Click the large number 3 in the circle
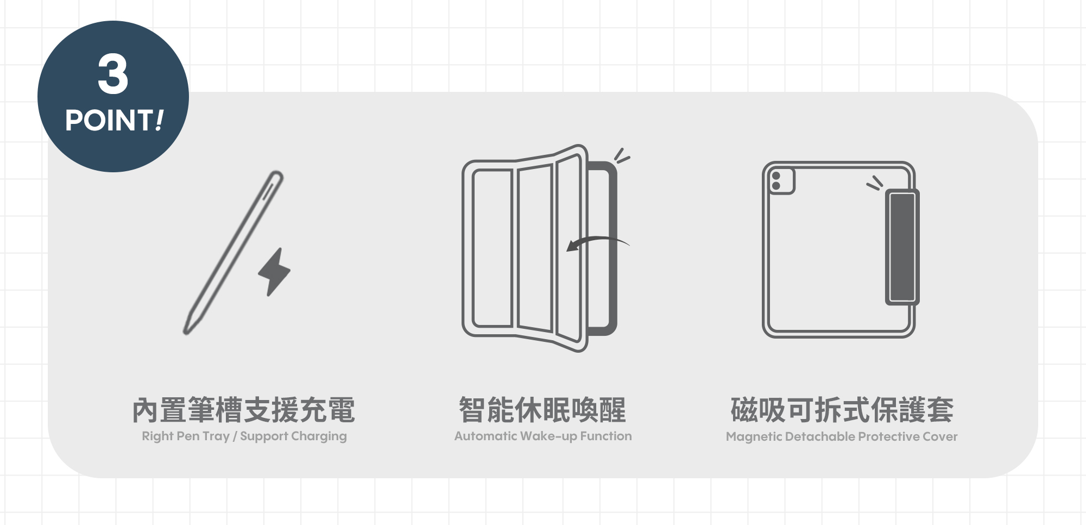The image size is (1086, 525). point(113,74)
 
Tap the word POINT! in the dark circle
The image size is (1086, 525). point(114,120)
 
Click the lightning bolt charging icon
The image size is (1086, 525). point(274,272)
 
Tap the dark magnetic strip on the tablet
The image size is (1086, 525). point(902,247)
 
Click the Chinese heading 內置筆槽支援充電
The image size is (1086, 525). point(244,410)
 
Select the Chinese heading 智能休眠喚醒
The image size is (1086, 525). point(542,410)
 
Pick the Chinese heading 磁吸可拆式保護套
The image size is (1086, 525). point(842,410)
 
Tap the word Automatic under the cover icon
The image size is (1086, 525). point(485,436)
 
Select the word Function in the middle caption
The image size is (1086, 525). point(606,436)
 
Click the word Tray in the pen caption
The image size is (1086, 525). point(216,436)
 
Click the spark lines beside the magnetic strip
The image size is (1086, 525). point(874,183)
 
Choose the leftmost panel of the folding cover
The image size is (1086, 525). point(493,248)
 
